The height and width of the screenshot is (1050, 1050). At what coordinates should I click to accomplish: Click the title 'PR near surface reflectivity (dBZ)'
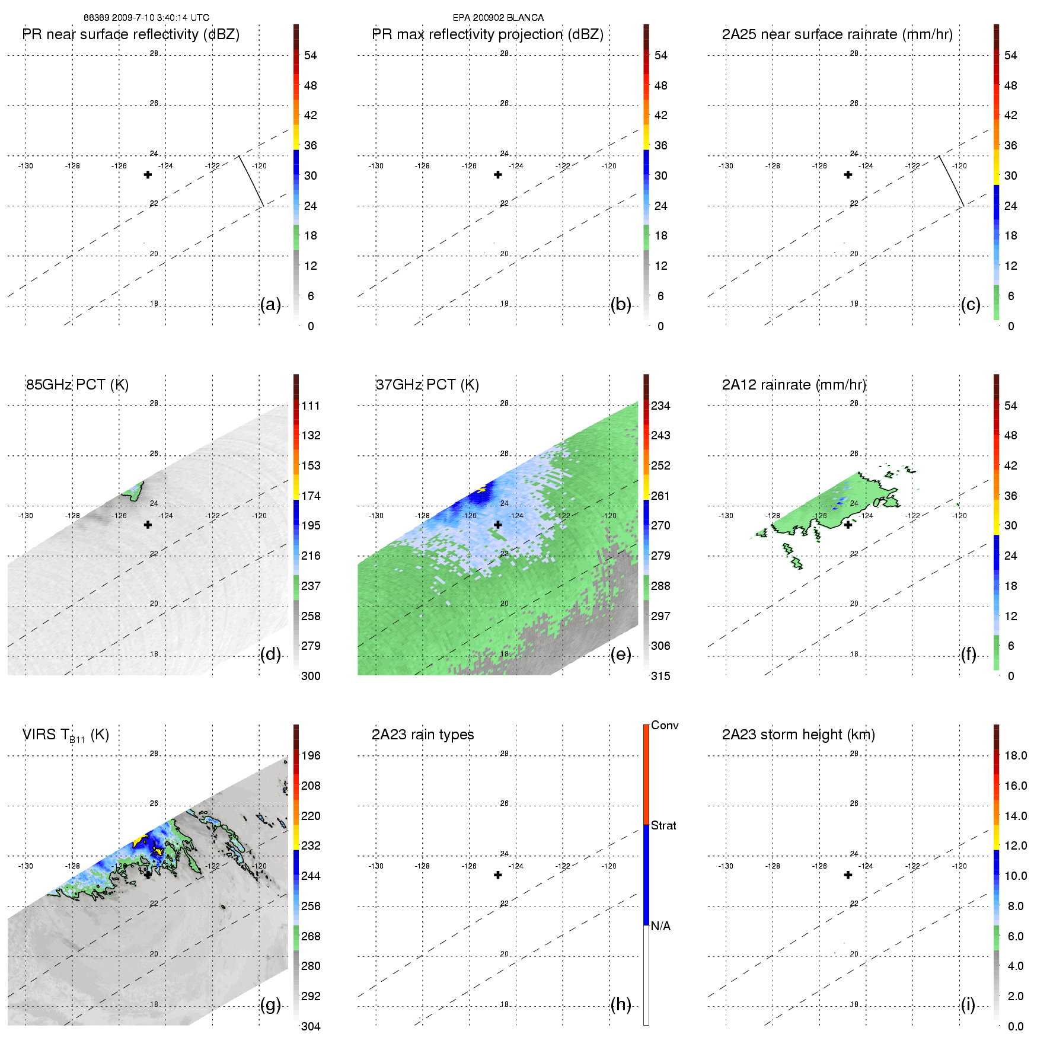click(130, 34)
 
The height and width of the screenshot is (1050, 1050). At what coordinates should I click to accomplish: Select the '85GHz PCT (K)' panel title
click(77, 385)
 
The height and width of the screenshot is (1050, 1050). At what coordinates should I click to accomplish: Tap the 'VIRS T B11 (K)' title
click(65, 735)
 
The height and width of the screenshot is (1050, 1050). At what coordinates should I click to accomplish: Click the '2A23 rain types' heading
click(423, 735)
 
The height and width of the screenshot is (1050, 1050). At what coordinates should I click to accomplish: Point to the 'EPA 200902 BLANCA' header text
click(498, 18)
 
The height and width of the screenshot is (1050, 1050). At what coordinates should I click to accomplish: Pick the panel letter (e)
click(620, 655)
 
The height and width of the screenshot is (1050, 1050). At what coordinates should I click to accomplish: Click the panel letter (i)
click(968, 1005)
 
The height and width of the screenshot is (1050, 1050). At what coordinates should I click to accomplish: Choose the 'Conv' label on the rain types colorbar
click(665, 726)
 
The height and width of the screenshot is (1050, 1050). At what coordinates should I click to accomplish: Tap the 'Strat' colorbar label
click(663, 826)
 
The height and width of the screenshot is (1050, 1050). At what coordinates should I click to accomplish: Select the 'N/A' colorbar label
click(660, 926)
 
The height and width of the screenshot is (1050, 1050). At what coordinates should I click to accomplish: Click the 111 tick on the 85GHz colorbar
click(311, 406)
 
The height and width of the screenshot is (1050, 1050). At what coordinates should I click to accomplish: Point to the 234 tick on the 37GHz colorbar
click(660, 406)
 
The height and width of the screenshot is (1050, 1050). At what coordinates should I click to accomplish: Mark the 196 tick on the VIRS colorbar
click(311, 756)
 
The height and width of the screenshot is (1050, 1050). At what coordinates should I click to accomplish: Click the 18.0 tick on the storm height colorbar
click(1016, 756)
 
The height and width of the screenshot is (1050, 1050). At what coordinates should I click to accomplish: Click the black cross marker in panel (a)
click(148, 174)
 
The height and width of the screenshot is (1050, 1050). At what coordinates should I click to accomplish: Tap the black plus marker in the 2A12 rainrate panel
click(848, 525)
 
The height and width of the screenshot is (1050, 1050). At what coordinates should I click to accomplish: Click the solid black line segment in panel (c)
click(951, 181)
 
